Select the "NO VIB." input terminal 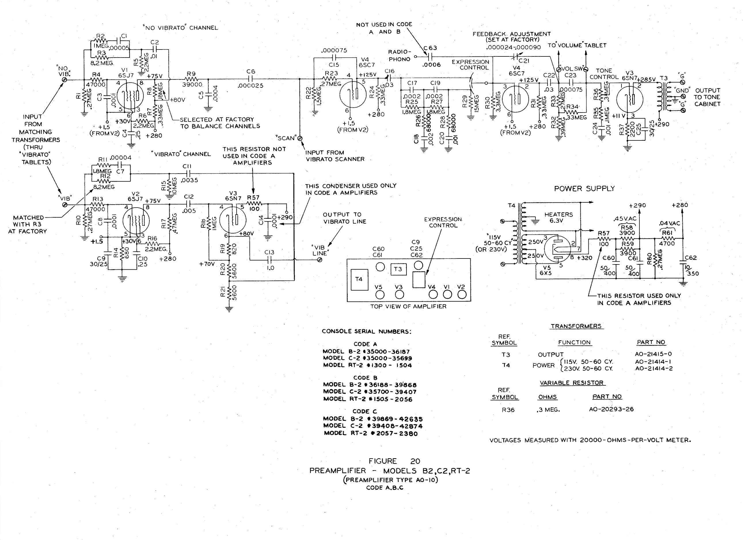pyautogui.click(x=64, y=80)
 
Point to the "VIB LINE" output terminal pyautogui.click(x=320, y=260)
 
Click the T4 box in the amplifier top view pyautogui.click(x=359, y=279)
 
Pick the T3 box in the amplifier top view pyautogui.click(x=398, y=269)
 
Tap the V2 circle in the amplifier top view pyautogui.click(x=461, y=294)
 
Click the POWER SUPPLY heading pyautogui.click(x=584, y=189)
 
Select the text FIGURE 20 pyautogui.click(x=394, y=461)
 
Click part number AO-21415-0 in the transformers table pyautogui.click(x=653, y=354)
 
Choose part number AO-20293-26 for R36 pyautogui.click(x=611, y=409)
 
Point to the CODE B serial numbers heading pyautogui.click(x=365, y=378)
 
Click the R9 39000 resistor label pyautogui.click(x=192, y=79)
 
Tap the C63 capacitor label pyautogui.click(x=430, y=48)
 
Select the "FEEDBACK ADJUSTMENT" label pyautogui.click(x=511, y=34)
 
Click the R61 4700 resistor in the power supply pyautogui.click(x=667, y=238)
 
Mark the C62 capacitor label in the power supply pyautogui.click(x=691, y=258)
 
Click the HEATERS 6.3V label pyautogui.click(x=558, y=218)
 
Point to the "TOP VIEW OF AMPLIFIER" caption pyautogui.click(x=408, y=307)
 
